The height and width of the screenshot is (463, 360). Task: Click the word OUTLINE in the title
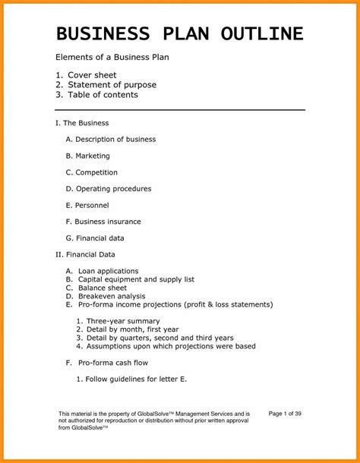click(x=261, y=33)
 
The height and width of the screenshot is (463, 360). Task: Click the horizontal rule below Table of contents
click(x=181, y=110)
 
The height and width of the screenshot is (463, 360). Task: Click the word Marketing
click(x=92, y=156)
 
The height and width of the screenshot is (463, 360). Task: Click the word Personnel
click(x=92, y=205)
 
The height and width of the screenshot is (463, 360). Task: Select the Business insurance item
click(x=108, y=221)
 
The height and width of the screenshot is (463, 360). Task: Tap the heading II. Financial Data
click(x=86, y=254)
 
